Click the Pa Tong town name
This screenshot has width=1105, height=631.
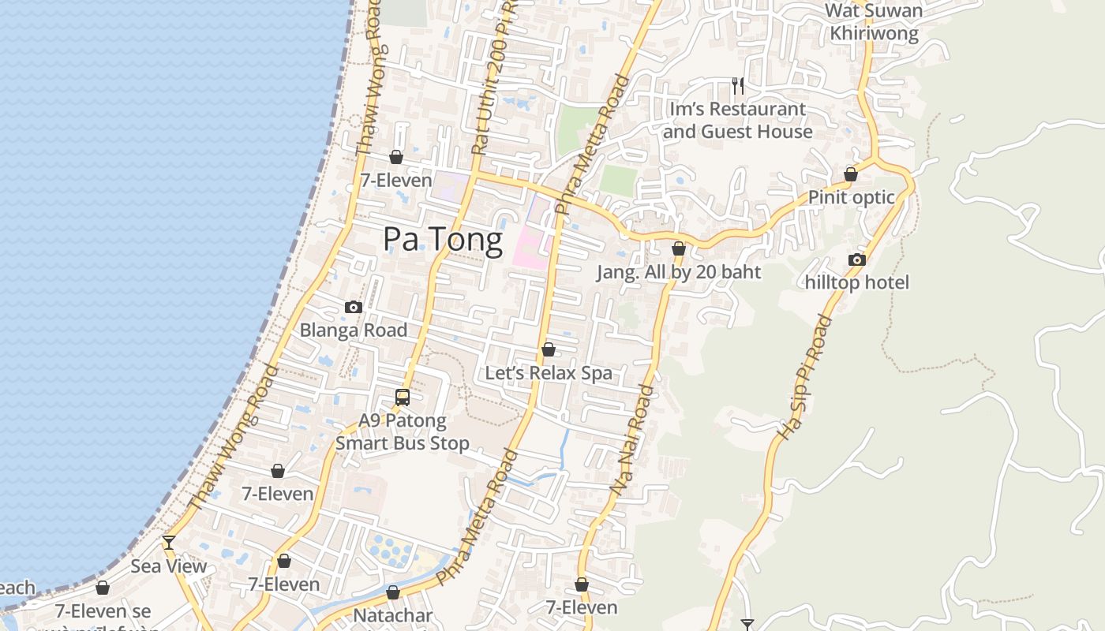click(x=443, y=240)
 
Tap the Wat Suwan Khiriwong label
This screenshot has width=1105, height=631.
click(x=873, y=22)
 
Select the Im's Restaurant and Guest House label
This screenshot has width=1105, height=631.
click(x=737, y=120)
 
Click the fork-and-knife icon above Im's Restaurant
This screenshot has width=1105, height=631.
click(x=738, y=85)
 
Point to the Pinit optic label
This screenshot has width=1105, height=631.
click(x=852, y=197)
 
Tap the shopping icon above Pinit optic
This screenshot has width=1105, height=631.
click(x=851, y=174)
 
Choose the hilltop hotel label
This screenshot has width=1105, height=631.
click(x=857, y=282)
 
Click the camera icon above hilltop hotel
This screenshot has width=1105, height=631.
click(x=857, y=259)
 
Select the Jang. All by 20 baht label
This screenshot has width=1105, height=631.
click(x=679, y=272)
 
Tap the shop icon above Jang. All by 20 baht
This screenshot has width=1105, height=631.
click(x=679, y=248)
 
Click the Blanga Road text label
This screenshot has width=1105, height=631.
click(x=354, y=330)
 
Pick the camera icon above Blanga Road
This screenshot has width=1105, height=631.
click(x=354, y=307)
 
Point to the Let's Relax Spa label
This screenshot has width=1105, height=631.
click(x=549, y=373)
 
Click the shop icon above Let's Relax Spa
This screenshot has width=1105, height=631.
click(x=549, y=349)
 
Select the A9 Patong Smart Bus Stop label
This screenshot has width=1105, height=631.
click(x=403, y=431)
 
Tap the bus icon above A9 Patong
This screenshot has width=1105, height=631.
click(x=403, y=398)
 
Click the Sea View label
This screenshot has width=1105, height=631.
click(x=169, y=566)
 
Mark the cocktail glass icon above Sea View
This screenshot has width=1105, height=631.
click(x=169, y=543)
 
